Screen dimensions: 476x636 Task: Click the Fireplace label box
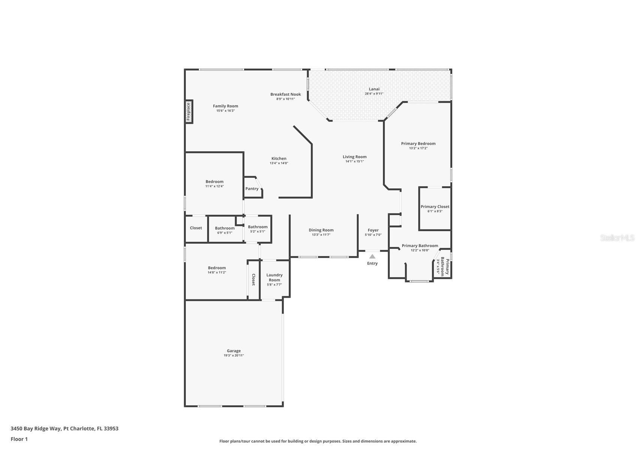pos(189,112)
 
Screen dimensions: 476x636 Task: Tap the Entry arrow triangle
pos(372,256)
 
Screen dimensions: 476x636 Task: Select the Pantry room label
pos(252,189)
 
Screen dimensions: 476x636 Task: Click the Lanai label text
pos(374,89)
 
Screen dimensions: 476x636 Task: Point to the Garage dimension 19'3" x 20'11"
pos(233,356)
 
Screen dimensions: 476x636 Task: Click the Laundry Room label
pos(274,277)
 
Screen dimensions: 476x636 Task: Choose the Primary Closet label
pos(435,207)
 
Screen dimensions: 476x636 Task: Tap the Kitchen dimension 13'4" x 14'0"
pos(279,163)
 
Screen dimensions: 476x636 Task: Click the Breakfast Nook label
pos(286,94)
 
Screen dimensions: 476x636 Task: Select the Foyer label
pos(373,230)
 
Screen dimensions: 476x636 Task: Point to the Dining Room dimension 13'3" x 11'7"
pos(321,235)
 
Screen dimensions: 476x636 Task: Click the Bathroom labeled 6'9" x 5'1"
pos(224,228)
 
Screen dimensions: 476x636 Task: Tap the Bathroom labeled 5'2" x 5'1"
pos(257,227)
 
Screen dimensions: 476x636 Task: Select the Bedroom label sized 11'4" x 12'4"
pos(214,181)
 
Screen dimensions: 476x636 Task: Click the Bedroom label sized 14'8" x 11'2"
pos(217,268)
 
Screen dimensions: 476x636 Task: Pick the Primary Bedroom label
pos(418,143)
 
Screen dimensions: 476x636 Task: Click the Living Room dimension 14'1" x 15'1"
pos(355,161)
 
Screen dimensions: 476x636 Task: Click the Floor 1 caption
pos(19,439)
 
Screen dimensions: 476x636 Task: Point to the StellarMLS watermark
pos(617,238)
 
